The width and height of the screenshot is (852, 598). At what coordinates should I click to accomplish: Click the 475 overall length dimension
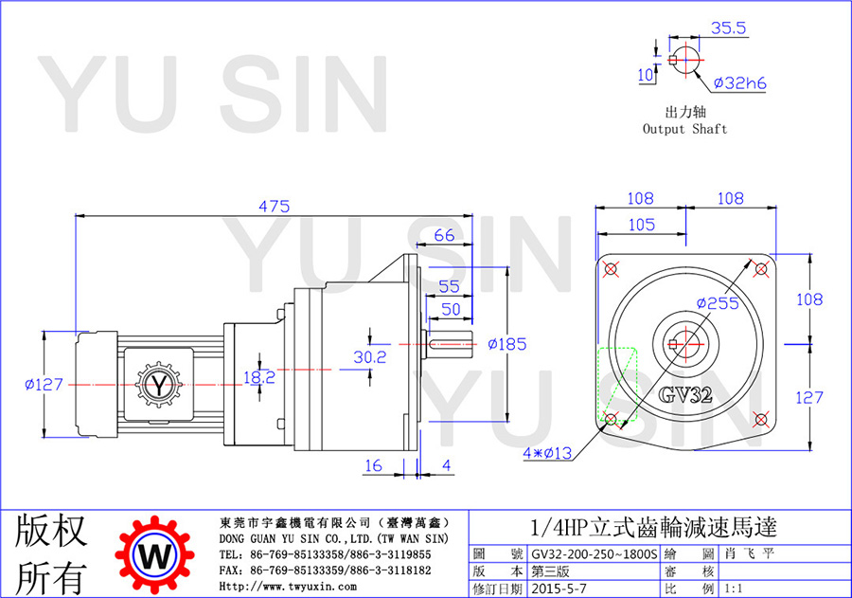tap(274, 207)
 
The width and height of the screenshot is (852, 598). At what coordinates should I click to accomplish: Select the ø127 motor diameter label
tap(44, 385)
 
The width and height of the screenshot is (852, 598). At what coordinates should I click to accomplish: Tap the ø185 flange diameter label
tap(507, 344)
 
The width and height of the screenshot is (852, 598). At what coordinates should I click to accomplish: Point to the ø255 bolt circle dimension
tap(718, 303)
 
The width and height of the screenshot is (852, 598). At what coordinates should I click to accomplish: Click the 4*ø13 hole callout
tap(547, 453)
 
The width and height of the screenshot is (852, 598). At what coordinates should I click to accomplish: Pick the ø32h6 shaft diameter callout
tap(739, 83)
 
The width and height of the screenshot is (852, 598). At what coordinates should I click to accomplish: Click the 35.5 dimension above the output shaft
tap(729, 27)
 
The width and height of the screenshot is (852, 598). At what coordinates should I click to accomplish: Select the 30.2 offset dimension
tap(370, 357)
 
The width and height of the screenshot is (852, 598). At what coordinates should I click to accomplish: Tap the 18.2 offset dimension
tap(259, 377)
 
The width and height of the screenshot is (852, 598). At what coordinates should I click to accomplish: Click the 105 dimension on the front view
tap(642, 225)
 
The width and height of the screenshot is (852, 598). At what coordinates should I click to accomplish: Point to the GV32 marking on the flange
tap(685, 394)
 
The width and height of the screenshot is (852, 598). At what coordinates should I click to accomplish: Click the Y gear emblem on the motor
tap(158, 385)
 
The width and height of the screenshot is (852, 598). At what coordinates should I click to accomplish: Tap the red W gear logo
tap(155, 555)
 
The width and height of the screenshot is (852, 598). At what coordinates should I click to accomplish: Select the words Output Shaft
tap(684, 129)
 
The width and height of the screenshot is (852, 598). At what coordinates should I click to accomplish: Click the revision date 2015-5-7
tap(559, 589)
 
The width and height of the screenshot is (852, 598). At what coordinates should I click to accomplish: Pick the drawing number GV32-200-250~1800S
tap(595, 554)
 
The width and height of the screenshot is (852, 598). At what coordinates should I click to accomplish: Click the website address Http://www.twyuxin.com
tap(288, 587)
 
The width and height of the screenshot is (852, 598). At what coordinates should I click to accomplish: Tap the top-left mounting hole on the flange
tap(611, 269)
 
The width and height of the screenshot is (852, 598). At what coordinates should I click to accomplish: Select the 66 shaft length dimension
tap(445, 235)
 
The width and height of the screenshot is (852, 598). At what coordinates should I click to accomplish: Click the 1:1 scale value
tap(734, 589)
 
